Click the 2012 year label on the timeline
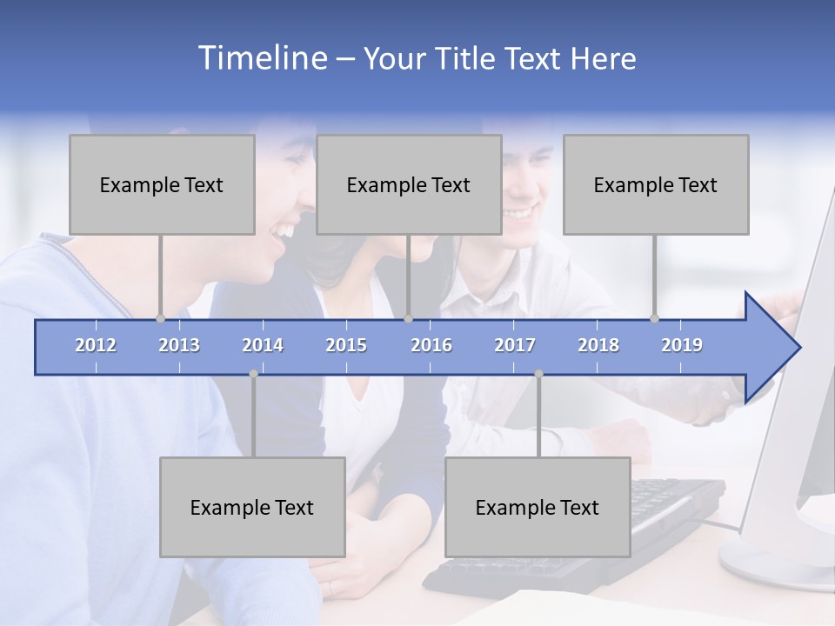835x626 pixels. pyautogui.click(x=96, y=345)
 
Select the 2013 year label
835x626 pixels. pyautogui.click(x=179, y=345)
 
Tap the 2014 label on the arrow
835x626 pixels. pyautogui.click(x=263, y=345)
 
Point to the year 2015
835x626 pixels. pyautogui.click(x=346, y=345)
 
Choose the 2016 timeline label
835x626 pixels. pyautogui.click(x=431, y=345)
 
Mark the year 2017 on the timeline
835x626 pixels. pyautogui.click(x=515, y=345)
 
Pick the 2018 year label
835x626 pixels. pyautogui.click(x=598, y=345)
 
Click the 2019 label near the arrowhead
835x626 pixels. pyautogui.click(x=682, y=345)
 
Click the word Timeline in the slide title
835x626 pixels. pyautogui.click(x=262, y=58)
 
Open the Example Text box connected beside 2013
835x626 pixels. pyautogui.click(x=162, y=184)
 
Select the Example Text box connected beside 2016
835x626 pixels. pyautogui.click(x=409, y=184)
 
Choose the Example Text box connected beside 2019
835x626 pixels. pyautogui.click(x=656, y=184)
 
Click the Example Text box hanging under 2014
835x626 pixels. pyautogui.click(x=252, y=507)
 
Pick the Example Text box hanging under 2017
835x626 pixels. pyautogui.click(x=538, y=507)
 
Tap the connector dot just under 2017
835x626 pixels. pyautogui.click(x=538, y=373)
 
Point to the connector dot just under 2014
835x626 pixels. pyautogui.click(x=253, y=373)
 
